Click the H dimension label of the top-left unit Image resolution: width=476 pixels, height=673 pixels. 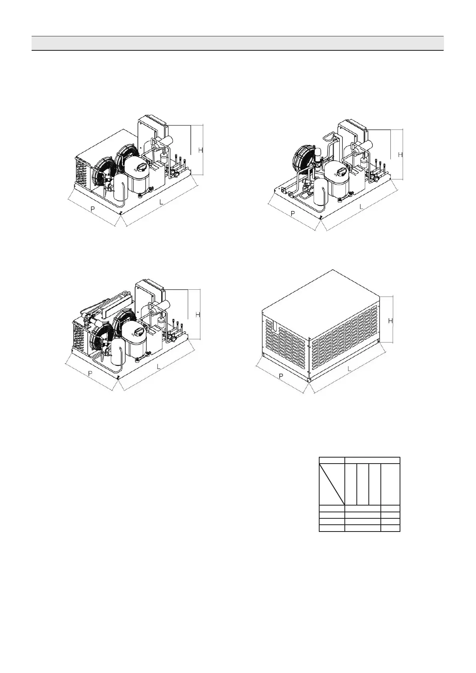tap(200, 150)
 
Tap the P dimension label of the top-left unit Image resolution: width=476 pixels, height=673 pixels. tap(93, 209)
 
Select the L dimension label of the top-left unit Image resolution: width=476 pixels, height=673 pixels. tap(161, 202)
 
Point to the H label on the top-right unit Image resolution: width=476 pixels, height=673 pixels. tap(400, 154)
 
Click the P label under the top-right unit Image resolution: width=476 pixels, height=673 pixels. tap(293, 213)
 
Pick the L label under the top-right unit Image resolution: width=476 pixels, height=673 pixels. tap(362, 207)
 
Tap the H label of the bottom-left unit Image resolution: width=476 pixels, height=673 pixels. tap(198, 315)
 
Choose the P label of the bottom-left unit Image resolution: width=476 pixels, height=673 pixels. tap(90, 373)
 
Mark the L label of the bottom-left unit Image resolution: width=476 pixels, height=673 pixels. tap(159, 366)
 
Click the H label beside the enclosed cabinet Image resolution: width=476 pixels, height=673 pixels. tap(391, 321)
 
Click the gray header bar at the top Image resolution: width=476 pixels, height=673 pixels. tap(238, 43)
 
